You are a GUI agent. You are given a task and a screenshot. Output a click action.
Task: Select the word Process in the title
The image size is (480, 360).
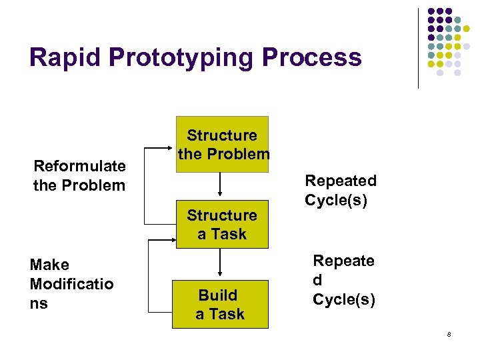[x=311, y=57]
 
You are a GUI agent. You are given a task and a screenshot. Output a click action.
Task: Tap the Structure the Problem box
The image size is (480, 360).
[x=221, y=145]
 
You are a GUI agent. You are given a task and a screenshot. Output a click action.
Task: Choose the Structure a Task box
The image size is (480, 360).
[x=221, y=224]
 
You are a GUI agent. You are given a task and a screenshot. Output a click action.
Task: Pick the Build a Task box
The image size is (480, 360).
[x=220, y=304]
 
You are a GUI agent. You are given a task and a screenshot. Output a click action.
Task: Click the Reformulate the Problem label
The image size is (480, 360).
[x=79, y=175]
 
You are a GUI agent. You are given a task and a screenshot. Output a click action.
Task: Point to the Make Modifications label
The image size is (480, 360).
[x=71, y=284]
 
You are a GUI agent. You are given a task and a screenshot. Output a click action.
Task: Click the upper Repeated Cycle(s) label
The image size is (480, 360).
[x=341, y=190]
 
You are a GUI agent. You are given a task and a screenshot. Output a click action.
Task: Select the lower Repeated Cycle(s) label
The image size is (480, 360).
[x=344, y=280]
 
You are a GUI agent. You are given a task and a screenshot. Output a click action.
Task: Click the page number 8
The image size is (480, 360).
[x=449, y=334]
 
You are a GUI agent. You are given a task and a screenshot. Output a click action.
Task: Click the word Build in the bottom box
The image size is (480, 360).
[x=218, y=295]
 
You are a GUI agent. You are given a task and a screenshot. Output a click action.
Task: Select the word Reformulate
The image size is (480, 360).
[x=79, y=166]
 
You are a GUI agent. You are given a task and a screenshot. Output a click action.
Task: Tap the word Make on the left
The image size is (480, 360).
[x=49, y=265]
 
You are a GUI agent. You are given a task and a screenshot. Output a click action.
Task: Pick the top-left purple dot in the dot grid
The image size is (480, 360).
[x=431, y=11]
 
